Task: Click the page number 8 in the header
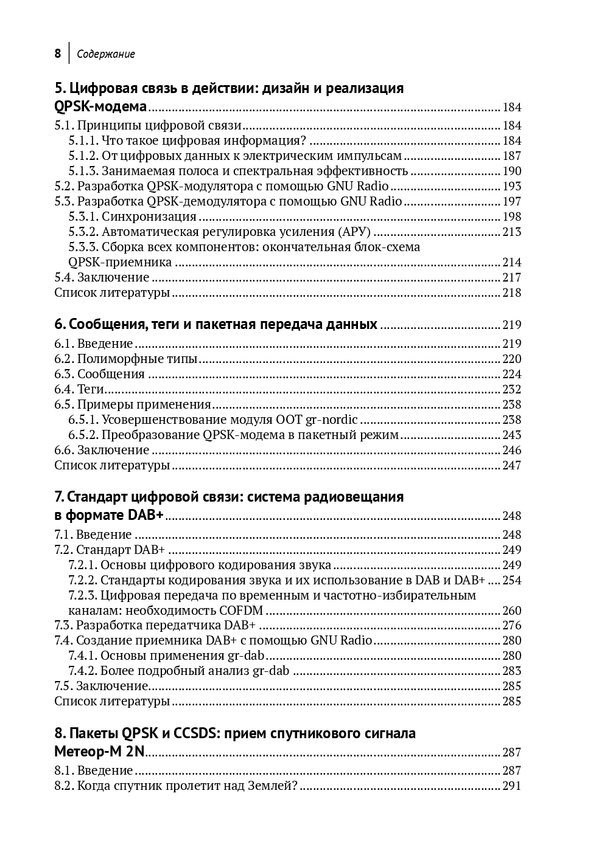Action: [57, 54]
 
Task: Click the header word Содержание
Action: [106, 54]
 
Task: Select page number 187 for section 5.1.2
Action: [511, 156]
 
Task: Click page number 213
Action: [511, 232]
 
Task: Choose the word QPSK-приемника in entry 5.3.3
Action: [120, 262]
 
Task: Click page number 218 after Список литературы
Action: [511, 292]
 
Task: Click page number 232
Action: [511, 389]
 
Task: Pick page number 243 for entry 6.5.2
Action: [511, 435]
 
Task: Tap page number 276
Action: [511, 625]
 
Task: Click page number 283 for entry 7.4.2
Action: [511, 671]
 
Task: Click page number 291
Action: [511, 786]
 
